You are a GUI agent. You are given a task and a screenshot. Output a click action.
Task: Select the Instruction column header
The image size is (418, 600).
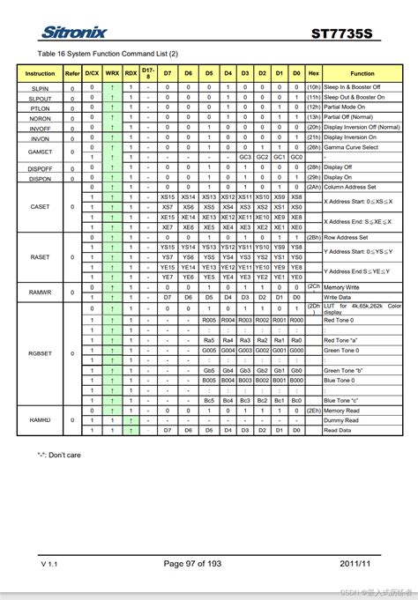point(40,74)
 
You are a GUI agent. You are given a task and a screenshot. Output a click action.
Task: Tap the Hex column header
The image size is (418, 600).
point(314,74)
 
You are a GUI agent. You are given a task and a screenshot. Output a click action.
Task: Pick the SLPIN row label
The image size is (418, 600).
point(40,89)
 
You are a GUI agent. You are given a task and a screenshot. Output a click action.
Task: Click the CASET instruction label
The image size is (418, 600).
point(40,207)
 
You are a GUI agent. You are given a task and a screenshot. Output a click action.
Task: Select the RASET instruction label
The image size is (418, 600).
point(40,256)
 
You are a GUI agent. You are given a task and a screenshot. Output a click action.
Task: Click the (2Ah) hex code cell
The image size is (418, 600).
point(314,188)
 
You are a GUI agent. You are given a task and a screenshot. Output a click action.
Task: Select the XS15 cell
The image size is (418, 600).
point(168,197)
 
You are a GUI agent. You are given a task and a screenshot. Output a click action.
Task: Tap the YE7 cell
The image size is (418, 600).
point(168,277)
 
